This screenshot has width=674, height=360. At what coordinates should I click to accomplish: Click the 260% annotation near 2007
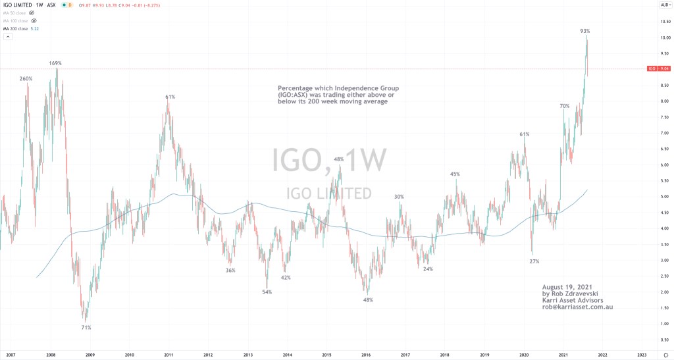coord(26,79)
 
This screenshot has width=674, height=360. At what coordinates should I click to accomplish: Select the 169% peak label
coord(55,64)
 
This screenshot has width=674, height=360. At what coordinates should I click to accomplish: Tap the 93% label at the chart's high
coord(584,31)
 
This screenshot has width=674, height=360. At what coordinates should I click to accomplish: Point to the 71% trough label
coord(86,327)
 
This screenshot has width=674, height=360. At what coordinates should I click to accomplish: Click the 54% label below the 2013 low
coord(267,292)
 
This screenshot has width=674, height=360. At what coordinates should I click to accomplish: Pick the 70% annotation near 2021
coord(565,106)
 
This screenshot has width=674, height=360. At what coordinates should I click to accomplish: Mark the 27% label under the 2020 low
coord(534,261)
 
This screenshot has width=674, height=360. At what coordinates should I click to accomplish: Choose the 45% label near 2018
coord(455,174)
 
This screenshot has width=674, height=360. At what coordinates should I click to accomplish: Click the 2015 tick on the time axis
coord(326,353)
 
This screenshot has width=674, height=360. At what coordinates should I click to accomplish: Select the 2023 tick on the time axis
coord(642,353)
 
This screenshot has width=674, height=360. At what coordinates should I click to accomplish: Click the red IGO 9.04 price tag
coord(658,68)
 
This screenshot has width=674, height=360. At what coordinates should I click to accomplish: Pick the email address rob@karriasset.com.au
coord(577,307)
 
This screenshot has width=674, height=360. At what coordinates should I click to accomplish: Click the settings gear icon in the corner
coord(665,354)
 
